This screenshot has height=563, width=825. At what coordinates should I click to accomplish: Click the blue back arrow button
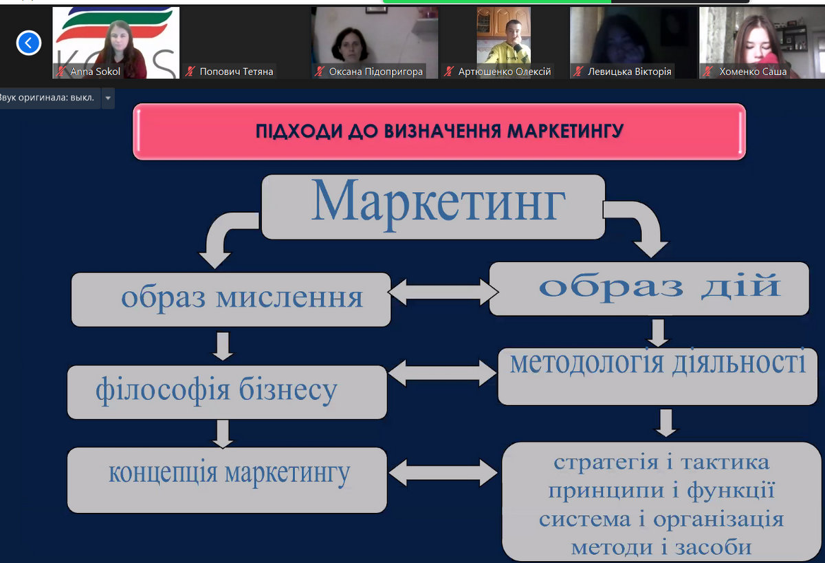point(28,43)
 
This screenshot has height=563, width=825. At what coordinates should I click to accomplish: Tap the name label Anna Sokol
point(95,72)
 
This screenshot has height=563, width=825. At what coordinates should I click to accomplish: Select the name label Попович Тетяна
point(236,72)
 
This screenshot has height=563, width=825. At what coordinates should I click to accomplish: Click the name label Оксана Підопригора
point(375,72)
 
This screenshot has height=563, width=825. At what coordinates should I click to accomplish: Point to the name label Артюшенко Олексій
point(505,72)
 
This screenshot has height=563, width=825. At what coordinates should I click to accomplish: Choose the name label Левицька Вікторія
point(630,72)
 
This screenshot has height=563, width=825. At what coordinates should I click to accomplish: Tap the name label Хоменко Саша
point(753,72)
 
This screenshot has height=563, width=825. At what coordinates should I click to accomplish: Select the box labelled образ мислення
point(231,299)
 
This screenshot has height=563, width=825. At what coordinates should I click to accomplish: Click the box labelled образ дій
point(649,288)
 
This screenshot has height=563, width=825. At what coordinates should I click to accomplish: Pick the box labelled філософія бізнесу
point(227,392)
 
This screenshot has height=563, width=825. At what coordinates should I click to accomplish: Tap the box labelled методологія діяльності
point(657,376)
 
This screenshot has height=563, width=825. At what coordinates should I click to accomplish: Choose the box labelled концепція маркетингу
point(227,480)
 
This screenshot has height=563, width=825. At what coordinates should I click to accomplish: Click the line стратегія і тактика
point(661,463)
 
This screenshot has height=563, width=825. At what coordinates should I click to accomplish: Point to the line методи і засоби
point(661,547)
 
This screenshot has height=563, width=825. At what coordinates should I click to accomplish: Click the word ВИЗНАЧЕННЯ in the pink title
point(442,131)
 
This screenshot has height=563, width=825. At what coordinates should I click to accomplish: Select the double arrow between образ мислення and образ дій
point(443,292)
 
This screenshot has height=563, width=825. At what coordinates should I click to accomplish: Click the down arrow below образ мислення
point(223,346)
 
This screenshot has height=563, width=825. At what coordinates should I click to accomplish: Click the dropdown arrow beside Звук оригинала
point(108,98)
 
